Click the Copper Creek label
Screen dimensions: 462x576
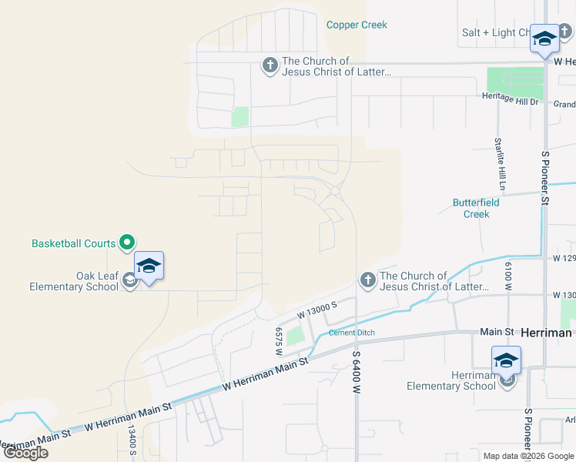point(357,25)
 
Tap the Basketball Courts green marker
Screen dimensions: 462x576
point(127,243)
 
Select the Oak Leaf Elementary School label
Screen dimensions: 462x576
point(73,281)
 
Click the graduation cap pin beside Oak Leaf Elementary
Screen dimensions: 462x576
point(149,266)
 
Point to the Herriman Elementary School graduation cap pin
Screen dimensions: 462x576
point(507,360)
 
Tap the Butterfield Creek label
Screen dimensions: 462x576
point(471,209)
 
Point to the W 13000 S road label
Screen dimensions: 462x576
point(318,311)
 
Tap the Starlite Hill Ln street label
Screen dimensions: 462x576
point(501,164)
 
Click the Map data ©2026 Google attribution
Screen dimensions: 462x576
point(527,456)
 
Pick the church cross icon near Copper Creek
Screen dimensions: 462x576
point(270,66)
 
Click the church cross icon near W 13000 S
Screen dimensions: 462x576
point(367,281)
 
